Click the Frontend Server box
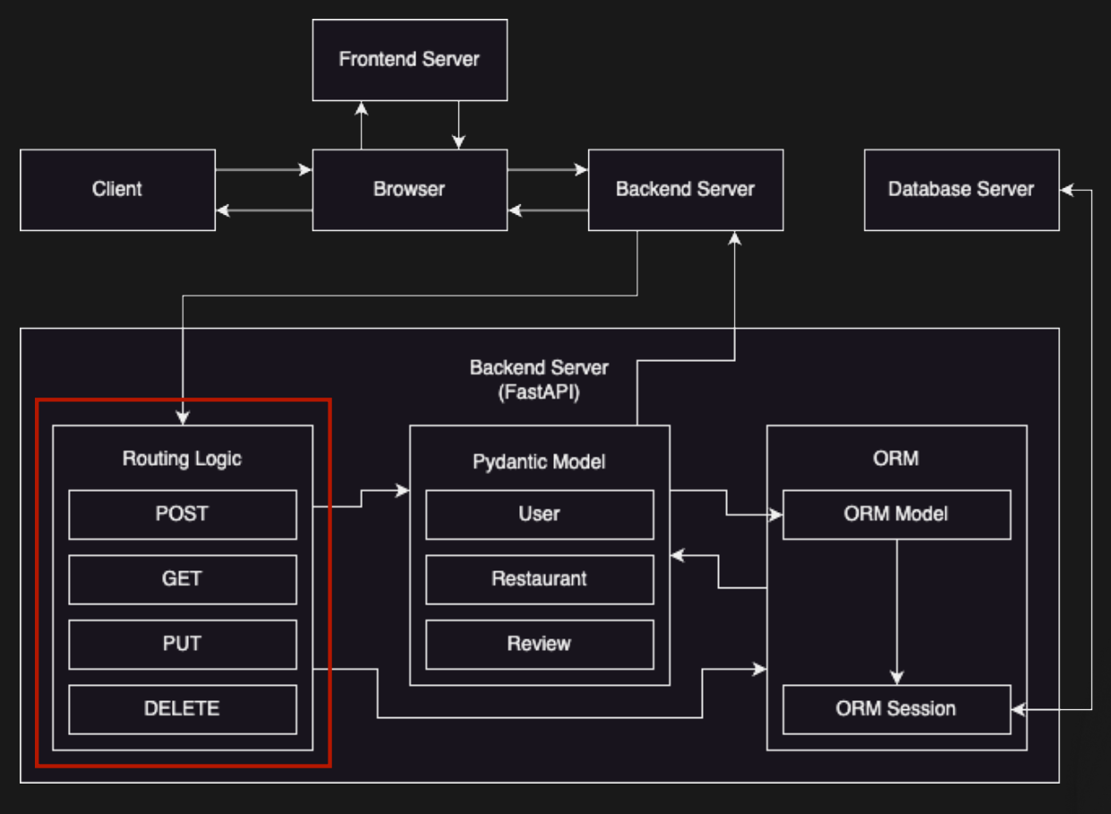[410, 60]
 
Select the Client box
[117, 190]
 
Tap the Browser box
[410, 190]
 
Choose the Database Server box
[961, 190]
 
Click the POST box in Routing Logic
[183, 514]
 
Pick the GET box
[183, 579]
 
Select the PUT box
[183, 645]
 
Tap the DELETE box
[183, 709]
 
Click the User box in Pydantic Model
[540, 514]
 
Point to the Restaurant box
[540, 579]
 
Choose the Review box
[540, 645]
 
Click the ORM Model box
[897, 514]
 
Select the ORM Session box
[897, 709]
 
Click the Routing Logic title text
[182, 458]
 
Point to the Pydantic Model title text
[539, 462]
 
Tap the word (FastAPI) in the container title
[539, 392]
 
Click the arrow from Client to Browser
[263, 169]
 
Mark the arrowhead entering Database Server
[1066, 190]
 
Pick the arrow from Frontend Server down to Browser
[458, 125]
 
